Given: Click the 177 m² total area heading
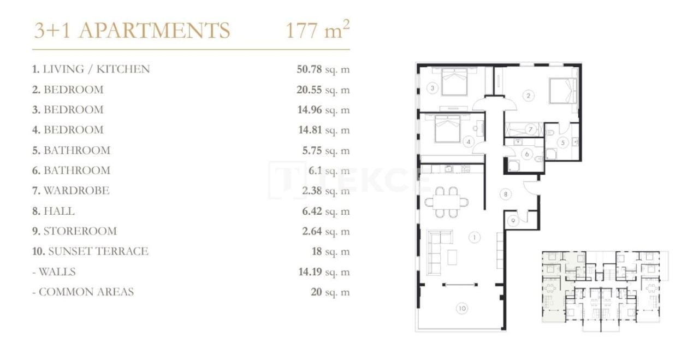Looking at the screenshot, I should point(317,31).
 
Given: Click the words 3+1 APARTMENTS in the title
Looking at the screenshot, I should point(132,31).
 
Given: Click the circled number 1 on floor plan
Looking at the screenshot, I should point(475,237).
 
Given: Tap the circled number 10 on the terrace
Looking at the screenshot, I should point(462,309).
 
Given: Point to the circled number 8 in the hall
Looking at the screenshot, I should point(506,193).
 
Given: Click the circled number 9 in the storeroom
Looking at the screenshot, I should point(513,221).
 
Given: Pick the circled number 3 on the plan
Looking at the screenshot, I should point(431,87).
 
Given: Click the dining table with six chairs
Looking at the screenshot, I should point(447,200).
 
